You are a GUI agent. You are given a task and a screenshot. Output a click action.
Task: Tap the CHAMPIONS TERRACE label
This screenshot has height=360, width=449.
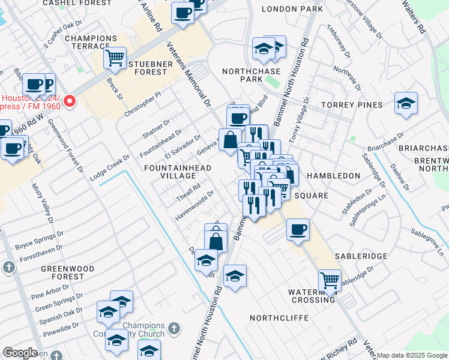point(91,43)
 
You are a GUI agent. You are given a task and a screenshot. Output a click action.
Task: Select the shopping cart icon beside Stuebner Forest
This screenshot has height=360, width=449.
point(114,58)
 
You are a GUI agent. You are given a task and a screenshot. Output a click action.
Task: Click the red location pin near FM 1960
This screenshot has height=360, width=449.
point(70,100)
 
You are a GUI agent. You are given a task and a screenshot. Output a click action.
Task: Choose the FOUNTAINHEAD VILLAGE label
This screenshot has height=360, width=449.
point(178,172)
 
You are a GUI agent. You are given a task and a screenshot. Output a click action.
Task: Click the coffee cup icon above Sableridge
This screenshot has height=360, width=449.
point(298,229)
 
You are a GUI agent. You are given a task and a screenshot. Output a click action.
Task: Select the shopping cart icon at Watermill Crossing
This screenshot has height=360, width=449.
point(329,279)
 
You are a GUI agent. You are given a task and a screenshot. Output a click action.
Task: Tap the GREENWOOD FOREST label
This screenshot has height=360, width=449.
point(62,272)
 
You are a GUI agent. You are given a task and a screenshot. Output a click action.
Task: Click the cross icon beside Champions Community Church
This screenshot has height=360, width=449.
point(173,329)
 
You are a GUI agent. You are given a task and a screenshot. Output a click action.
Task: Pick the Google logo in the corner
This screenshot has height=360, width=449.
point(20,353)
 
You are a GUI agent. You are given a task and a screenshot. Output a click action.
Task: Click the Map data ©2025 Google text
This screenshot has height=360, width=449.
point(412,355)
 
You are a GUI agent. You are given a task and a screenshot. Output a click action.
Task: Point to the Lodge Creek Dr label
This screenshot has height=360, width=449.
point(110,167)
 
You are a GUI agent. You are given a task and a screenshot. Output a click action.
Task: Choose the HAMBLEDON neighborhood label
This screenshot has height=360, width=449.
point(333,176)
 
